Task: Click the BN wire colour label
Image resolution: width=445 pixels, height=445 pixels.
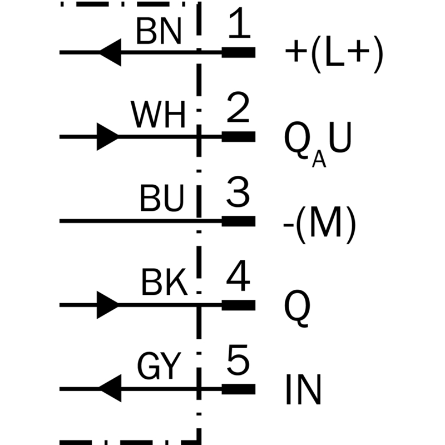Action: coord(159,31)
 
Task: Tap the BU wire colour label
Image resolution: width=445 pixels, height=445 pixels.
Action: coord(161,198)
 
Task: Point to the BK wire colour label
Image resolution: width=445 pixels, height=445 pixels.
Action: coord(164,282)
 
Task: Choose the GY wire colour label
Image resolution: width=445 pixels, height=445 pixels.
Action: coord(159,366)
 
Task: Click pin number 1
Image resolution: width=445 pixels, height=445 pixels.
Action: coord(239,23)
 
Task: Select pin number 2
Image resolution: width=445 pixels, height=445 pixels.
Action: coord(238,107)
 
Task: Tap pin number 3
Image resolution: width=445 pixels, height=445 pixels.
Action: coord(238,191)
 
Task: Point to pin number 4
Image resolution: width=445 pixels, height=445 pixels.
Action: coord(238,275)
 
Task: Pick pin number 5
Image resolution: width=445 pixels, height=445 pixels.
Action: coord(238,359)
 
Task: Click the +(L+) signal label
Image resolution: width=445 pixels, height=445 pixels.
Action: coord(334,55)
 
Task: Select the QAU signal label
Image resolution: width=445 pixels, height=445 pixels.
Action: coord(318,144)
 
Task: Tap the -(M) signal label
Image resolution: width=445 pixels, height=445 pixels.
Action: coord(319,225)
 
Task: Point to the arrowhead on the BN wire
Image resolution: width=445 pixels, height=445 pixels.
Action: coord(110,52)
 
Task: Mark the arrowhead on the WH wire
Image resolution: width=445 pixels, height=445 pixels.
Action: coord(108,137)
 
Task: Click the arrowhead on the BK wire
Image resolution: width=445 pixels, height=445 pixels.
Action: coord(108,305)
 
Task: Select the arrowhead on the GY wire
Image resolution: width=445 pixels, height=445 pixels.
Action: coord(110,388)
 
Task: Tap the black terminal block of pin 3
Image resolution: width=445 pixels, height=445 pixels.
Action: coord(239,221)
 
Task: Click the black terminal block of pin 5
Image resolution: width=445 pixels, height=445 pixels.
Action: coord(239,389)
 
